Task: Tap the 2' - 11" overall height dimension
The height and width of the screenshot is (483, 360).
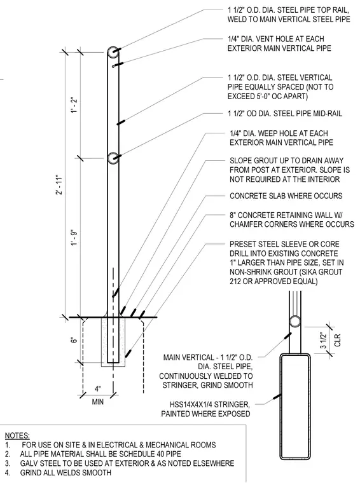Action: (60, 185)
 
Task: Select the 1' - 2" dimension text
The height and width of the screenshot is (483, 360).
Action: (74, 105)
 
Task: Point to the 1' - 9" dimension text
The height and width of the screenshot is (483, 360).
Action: (74, 238)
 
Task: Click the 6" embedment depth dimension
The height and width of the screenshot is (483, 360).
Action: (73, 341)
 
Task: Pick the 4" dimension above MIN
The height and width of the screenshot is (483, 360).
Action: (98, 389)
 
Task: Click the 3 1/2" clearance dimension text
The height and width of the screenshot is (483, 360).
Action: (322, 340)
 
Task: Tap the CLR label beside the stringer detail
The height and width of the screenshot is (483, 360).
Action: (337, 341)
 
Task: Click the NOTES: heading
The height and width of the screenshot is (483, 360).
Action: (17, 435)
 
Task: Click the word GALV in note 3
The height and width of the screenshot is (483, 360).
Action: (29, 463)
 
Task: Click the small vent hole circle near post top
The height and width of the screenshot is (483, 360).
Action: (113, 66)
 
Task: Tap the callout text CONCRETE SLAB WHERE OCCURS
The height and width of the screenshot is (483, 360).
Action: (286, 196)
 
